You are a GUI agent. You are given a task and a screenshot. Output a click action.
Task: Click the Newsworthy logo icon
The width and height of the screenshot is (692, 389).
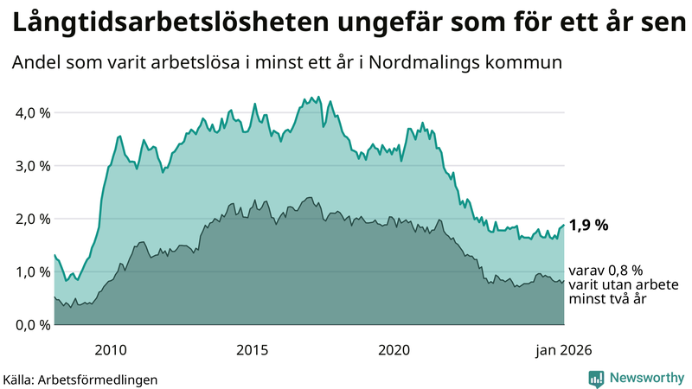(x=596, y=378)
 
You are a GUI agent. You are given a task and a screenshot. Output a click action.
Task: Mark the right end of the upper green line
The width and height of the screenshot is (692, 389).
(x=564, y=225)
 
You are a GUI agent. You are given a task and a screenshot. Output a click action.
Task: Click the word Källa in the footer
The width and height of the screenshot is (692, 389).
(x=22, y=379)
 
